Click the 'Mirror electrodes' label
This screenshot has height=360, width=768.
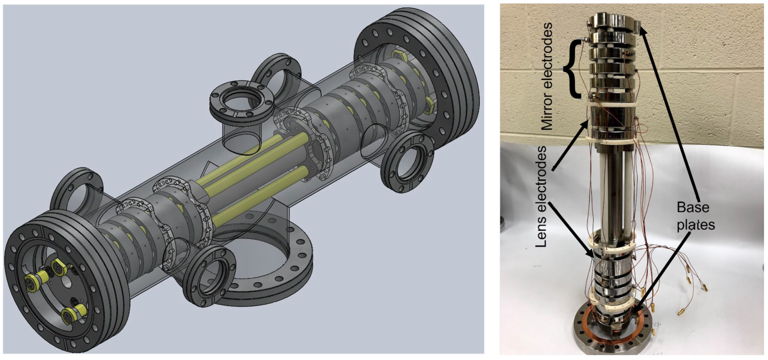547,76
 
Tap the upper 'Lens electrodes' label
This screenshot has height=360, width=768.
541,197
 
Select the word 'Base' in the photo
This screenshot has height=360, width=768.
693,207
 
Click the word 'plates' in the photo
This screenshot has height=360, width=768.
696,225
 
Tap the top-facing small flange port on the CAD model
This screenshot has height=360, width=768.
241,101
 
